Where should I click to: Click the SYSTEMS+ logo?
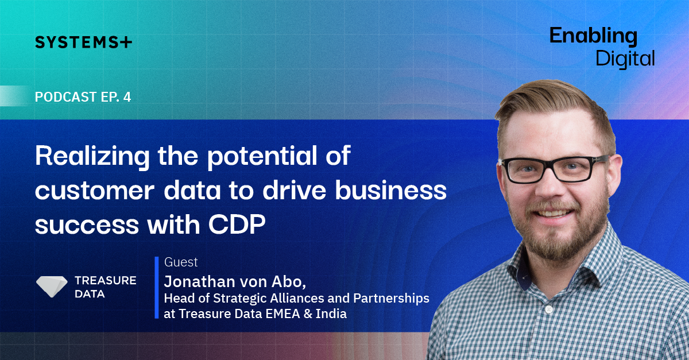coord(83,42)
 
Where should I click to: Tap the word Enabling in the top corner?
coord(593,37)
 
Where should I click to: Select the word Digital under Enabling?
coord(625,59)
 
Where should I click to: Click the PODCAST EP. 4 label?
coord(83,97)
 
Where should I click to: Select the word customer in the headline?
coord(94,191)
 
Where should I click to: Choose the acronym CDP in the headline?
coord(237,224)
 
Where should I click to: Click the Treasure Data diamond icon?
coord(52,287)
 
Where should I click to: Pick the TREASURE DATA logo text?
coord(106,287)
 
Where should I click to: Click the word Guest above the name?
coord(181,262)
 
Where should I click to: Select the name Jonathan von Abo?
coord(235,281)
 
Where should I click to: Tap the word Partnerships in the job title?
coord(391,299)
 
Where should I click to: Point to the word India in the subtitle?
coord(331,314)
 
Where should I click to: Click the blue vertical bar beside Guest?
coord(157,288)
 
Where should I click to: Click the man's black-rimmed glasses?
coord(553,169)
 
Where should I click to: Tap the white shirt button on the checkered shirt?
coord(549,309)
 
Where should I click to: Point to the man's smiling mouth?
coord(552,214)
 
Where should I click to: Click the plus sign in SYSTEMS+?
coord(126,42)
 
